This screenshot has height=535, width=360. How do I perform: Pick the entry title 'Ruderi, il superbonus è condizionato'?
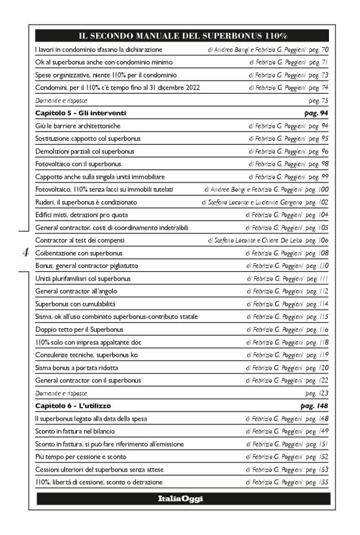click(86, 202)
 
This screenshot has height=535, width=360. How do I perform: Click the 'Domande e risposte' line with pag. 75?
click(61, 100)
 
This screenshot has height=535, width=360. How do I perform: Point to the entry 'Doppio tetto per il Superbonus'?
click(79, 330)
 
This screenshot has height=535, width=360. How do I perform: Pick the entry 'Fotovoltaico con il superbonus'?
click(78, 164)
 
